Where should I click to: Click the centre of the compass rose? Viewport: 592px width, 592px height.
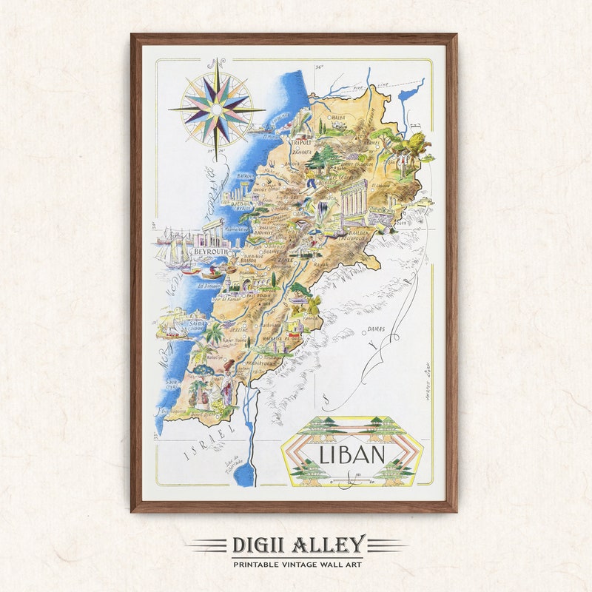click(x=216, y=108)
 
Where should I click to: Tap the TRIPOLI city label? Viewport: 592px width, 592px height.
click(x=302, y=143)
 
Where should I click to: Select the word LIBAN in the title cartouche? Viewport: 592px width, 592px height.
click(x=351, y=453)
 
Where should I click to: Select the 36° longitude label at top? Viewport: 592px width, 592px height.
click(x=319, y=67)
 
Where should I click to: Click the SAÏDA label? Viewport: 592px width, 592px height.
click(x=198, y=323)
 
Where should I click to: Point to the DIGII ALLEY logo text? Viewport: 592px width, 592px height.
click(x=297, y=546)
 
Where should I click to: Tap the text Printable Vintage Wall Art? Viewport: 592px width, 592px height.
click(x=297, y=565)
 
